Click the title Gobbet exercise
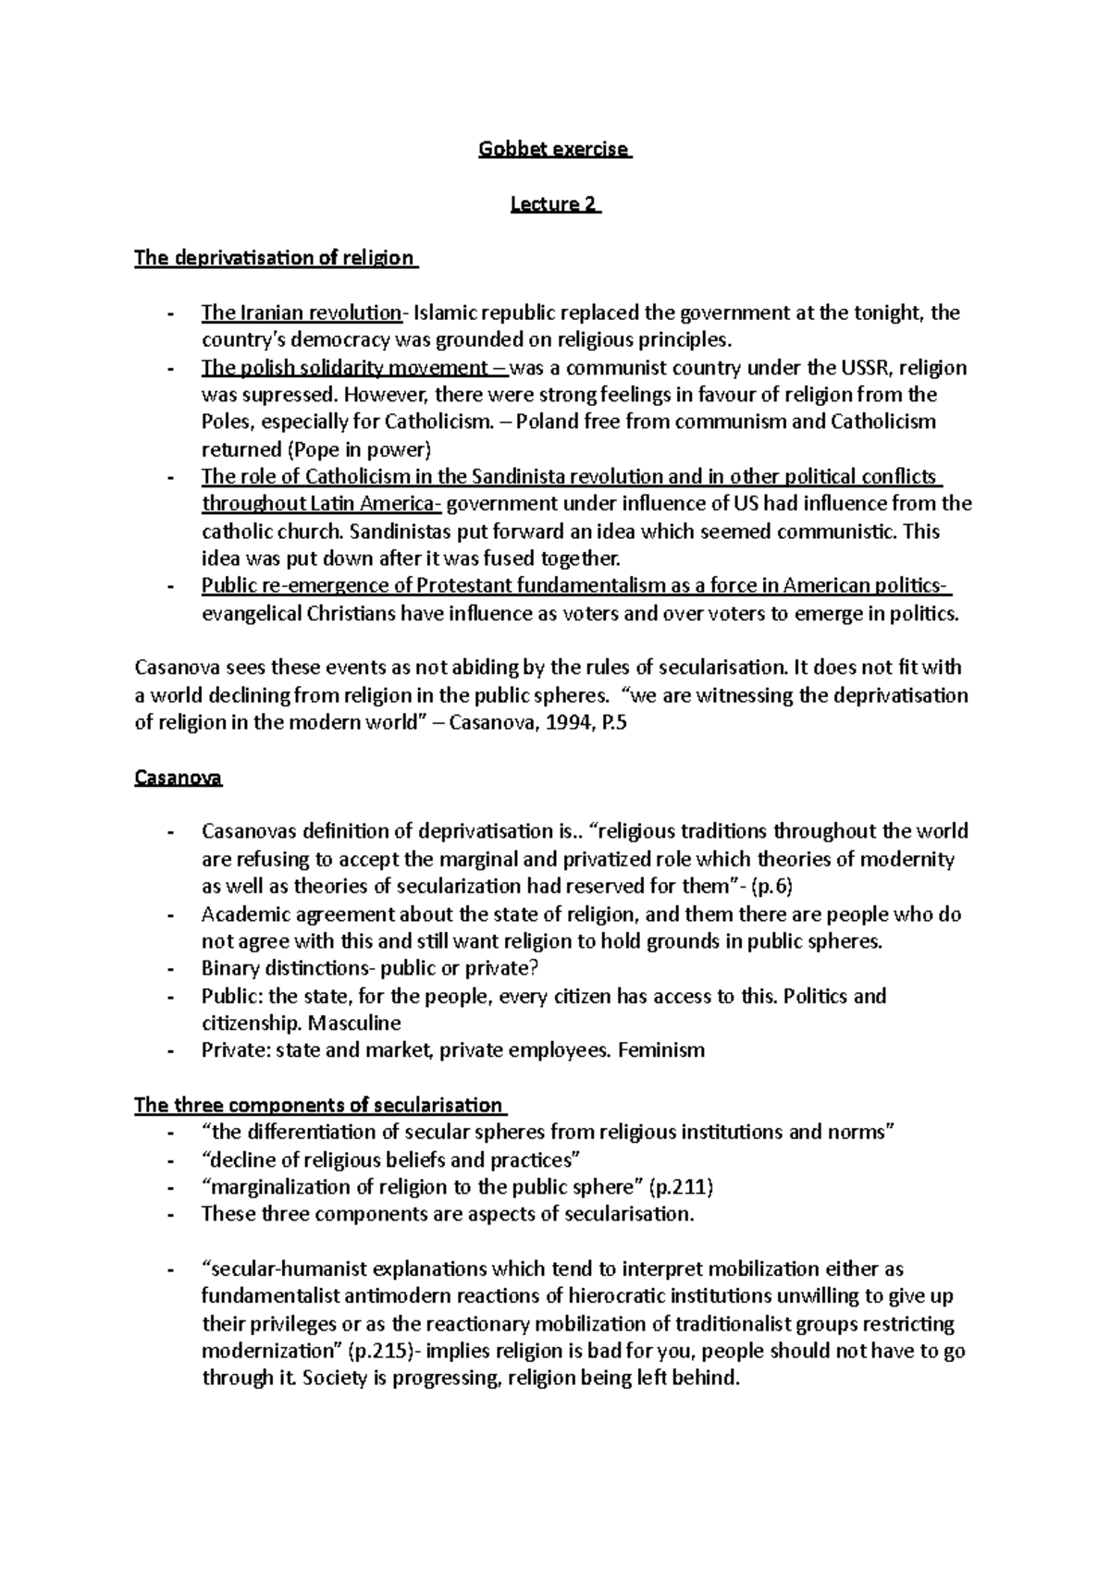coord(554,149)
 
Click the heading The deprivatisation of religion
coord(275,258)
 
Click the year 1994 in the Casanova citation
coord(566,723)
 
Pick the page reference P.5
coord(610,723)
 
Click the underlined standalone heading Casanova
coord(179,778)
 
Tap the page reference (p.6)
coord(771,887)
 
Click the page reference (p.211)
coord(683,1187)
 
